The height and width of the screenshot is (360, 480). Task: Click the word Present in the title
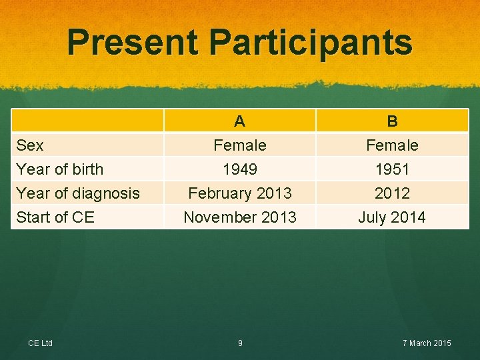coord(133,42)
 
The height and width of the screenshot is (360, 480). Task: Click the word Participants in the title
coord(311,42)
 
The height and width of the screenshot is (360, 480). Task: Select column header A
coord(240,121)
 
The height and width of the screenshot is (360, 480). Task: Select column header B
coord(392,121)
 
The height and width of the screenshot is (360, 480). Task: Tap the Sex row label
coord(30,145)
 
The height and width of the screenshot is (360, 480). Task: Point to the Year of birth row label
coord(59,169)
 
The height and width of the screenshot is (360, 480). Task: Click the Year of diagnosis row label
coord(77,193)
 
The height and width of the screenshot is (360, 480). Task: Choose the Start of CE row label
coord(55,217)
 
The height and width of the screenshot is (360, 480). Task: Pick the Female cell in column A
coord(240,145)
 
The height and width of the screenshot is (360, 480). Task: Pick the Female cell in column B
coord(392,145)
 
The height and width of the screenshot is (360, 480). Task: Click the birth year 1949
coord(240,169)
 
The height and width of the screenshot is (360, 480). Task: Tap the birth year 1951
coord(392,169)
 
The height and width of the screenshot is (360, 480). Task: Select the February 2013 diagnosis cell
coord(240,193)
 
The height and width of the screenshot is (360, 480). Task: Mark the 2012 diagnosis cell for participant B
coord(392,193)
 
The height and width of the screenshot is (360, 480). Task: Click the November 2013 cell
coord(240,217)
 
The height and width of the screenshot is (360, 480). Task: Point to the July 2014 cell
coord(392,217)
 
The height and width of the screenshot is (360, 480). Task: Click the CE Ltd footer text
coord(41,343)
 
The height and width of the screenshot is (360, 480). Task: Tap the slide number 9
coord(240,343)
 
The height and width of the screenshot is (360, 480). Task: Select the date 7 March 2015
coord(427,343)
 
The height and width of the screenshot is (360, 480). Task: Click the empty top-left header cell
coord(87,121)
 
